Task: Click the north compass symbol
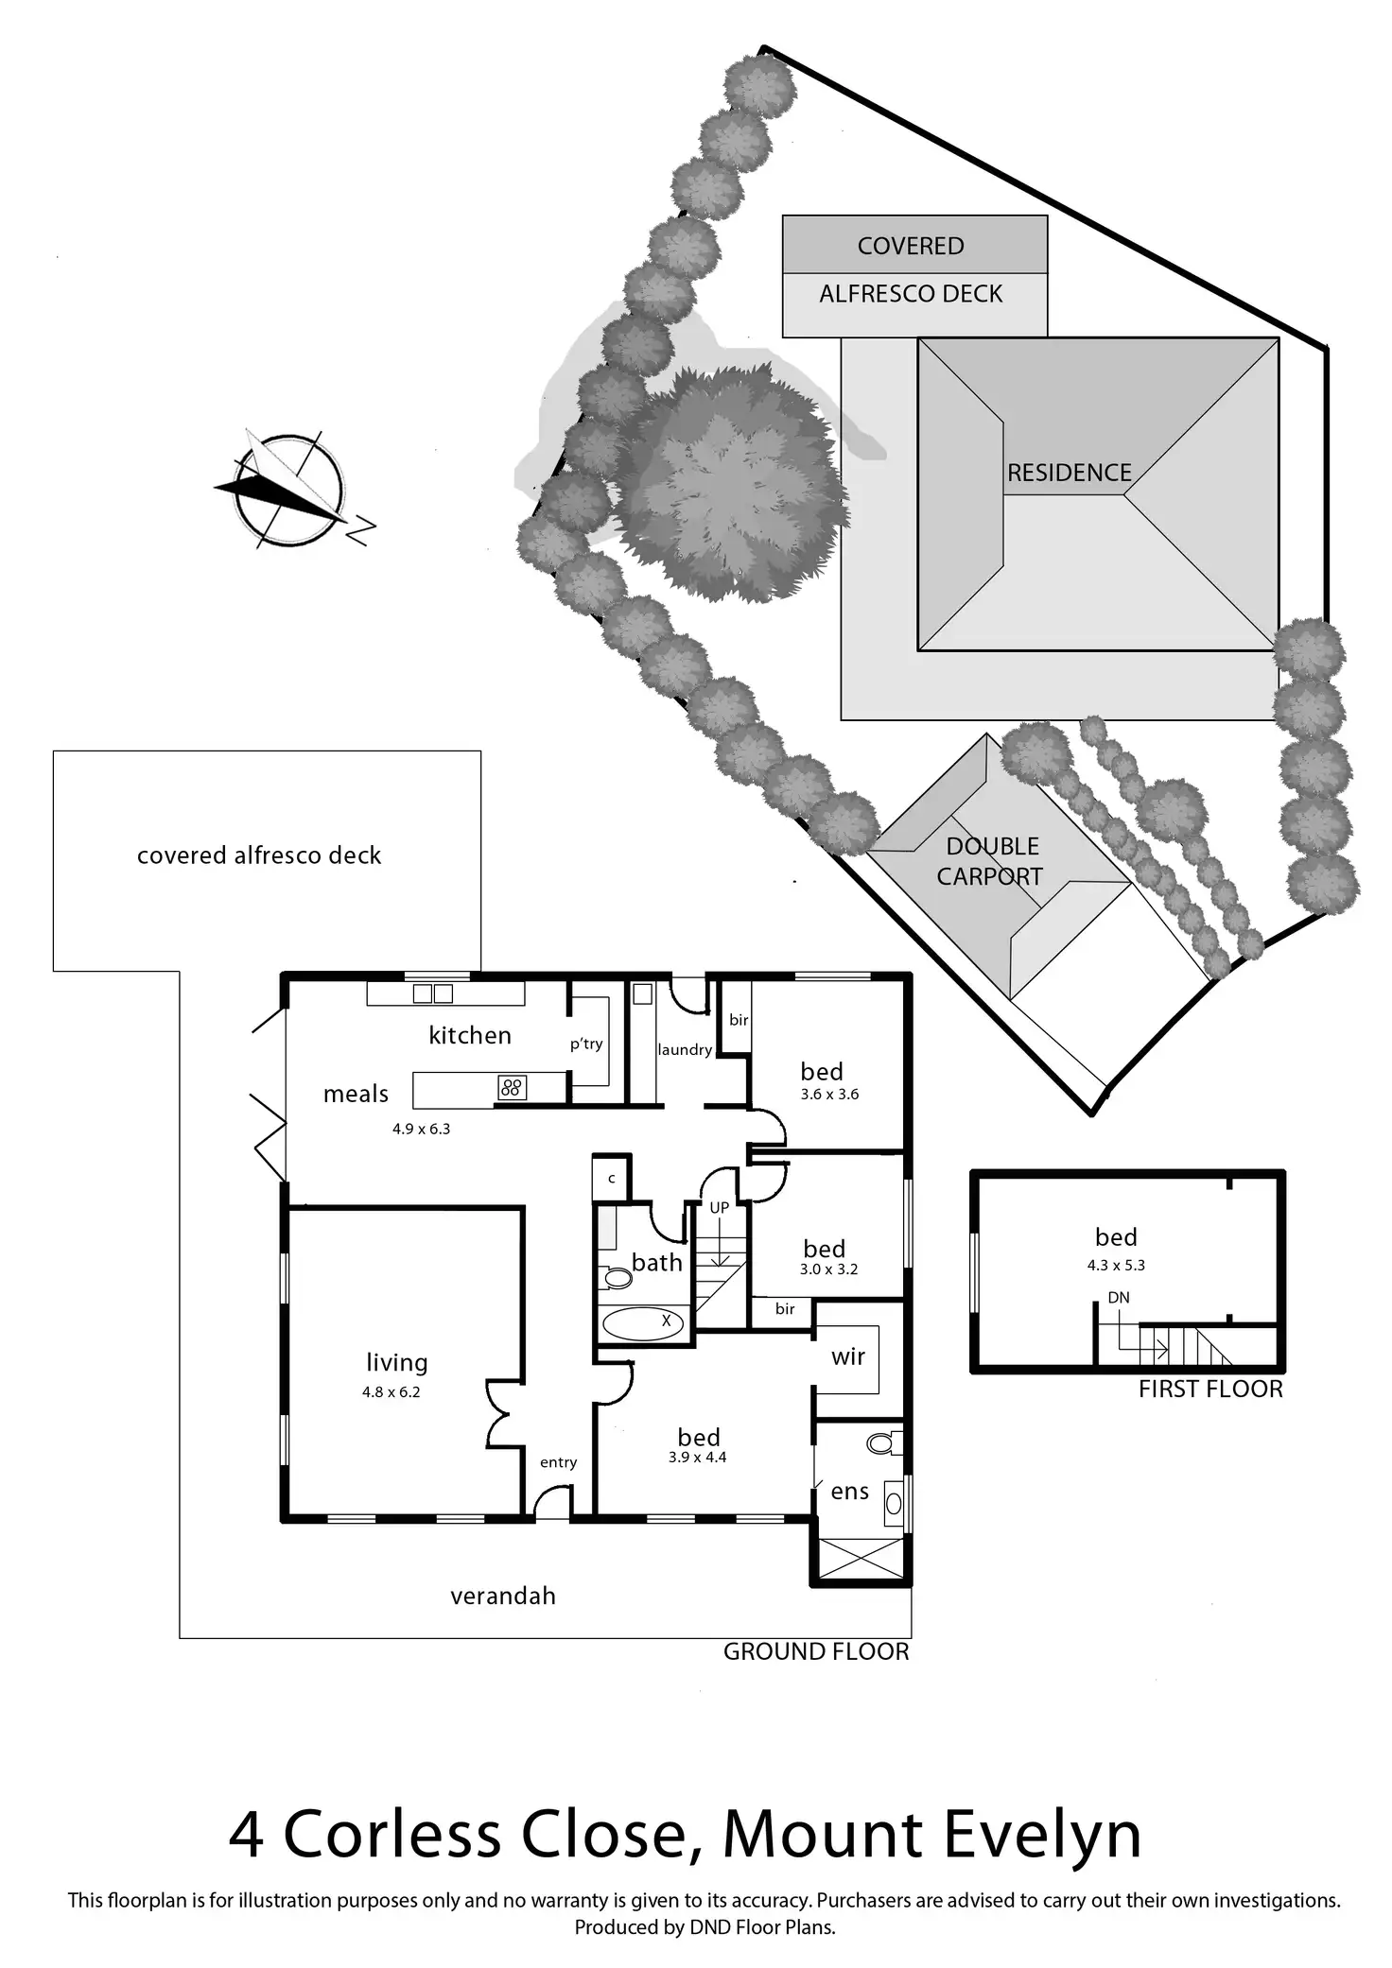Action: [288, 491]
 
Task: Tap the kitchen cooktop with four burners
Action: [512, 1088]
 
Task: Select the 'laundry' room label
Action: [685, 1049]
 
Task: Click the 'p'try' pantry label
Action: [586, 1044]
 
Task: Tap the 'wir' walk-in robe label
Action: [848, 1357]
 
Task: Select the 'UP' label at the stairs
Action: [720, 1207]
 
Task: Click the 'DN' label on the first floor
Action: [1119, 1298]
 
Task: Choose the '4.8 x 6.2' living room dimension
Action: [391, 1391]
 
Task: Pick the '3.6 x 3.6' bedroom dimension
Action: [829, 1095]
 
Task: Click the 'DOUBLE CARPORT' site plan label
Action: [991, 861]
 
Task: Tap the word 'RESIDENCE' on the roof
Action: [1069, 473]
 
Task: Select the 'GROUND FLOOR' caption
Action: [816, 1651]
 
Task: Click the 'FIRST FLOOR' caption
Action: [1210, 1389]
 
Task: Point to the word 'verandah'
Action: [502, 1596]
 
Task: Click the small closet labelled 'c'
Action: [612, 1179]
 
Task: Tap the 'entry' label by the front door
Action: [558, 1462]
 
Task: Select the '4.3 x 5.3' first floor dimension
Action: [1116, 1265]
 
